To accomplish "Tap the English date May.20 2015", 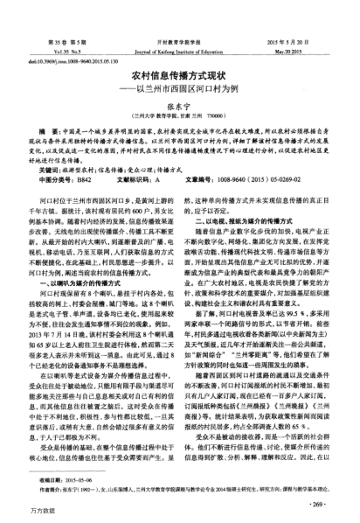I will pos(298,26).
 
